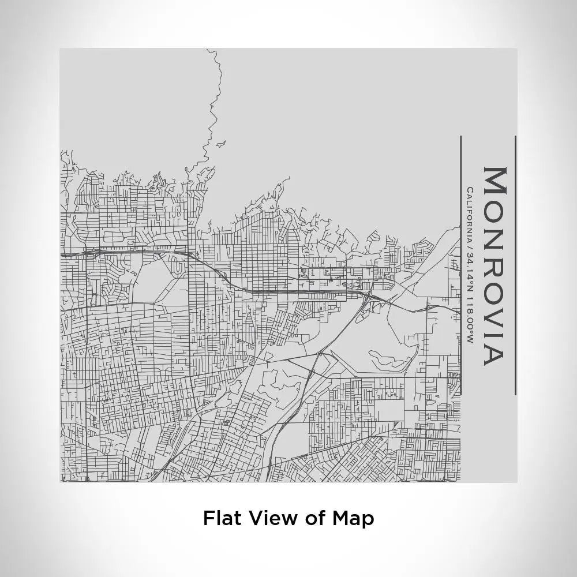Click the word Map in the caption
tap(353, 518)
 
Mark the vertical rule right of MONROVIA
tap(515, 265)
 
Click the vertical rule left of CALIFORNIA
tap(461, 265)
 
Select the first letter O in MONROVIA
tap(494, 206)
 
